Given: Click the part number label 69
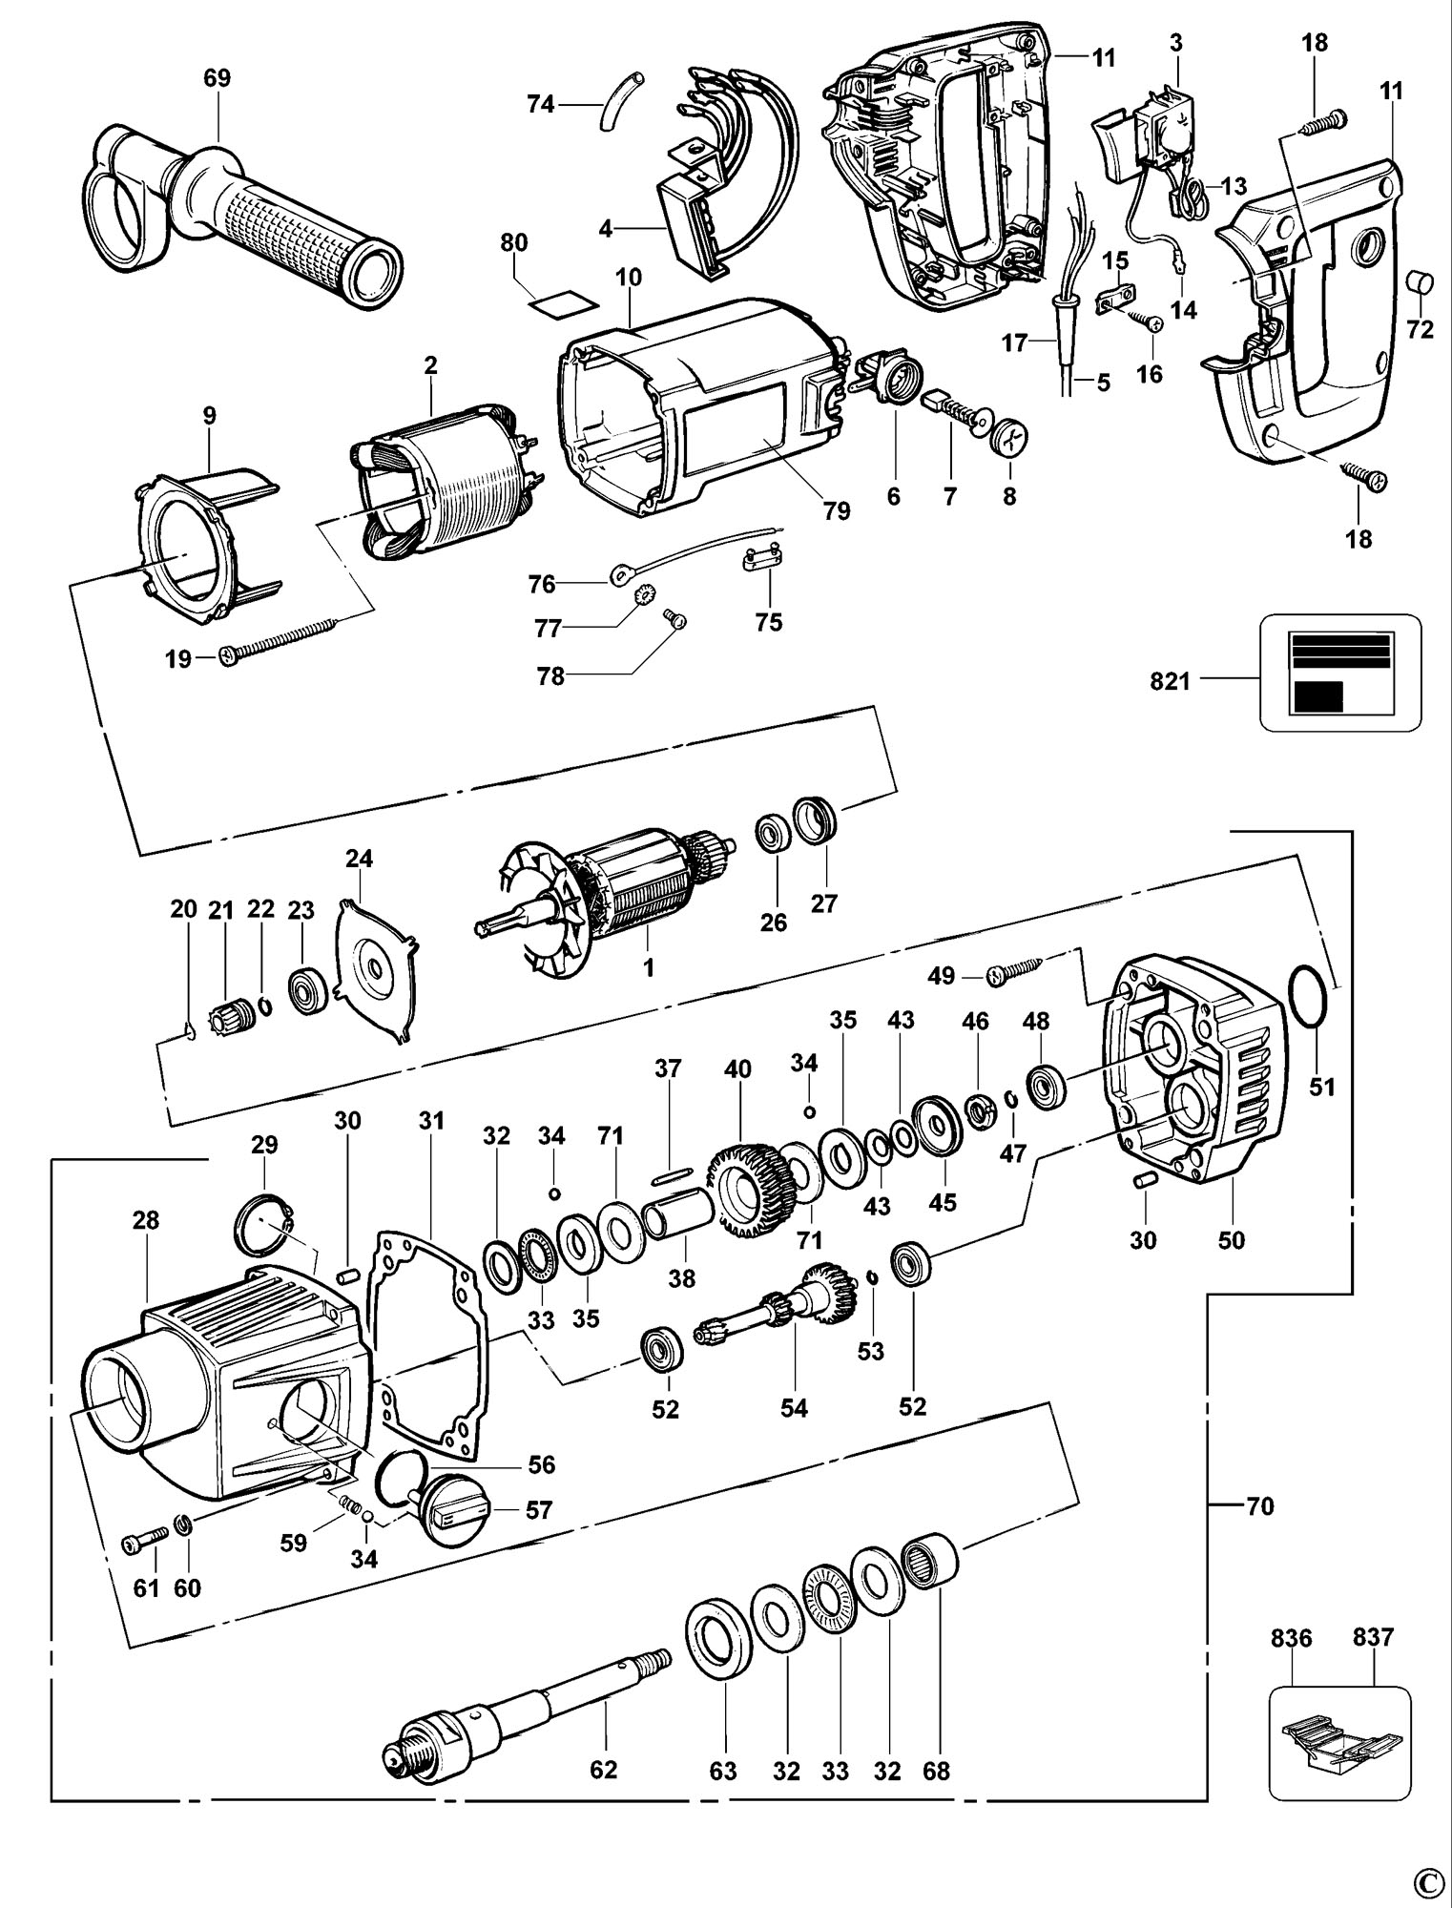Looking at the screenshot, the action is click(217, 77).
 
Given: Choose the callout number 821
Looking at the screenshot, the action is click(1171, 681).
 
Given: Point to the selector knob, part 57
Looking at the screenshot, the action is click(455, 1512).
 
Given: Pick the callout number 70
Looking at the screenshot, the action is click(1260, 1506).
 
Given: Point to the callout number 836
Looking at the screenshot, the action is click(1292, 1639).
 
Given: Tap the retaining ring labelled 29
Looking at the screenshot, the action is click(263, 1228).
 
